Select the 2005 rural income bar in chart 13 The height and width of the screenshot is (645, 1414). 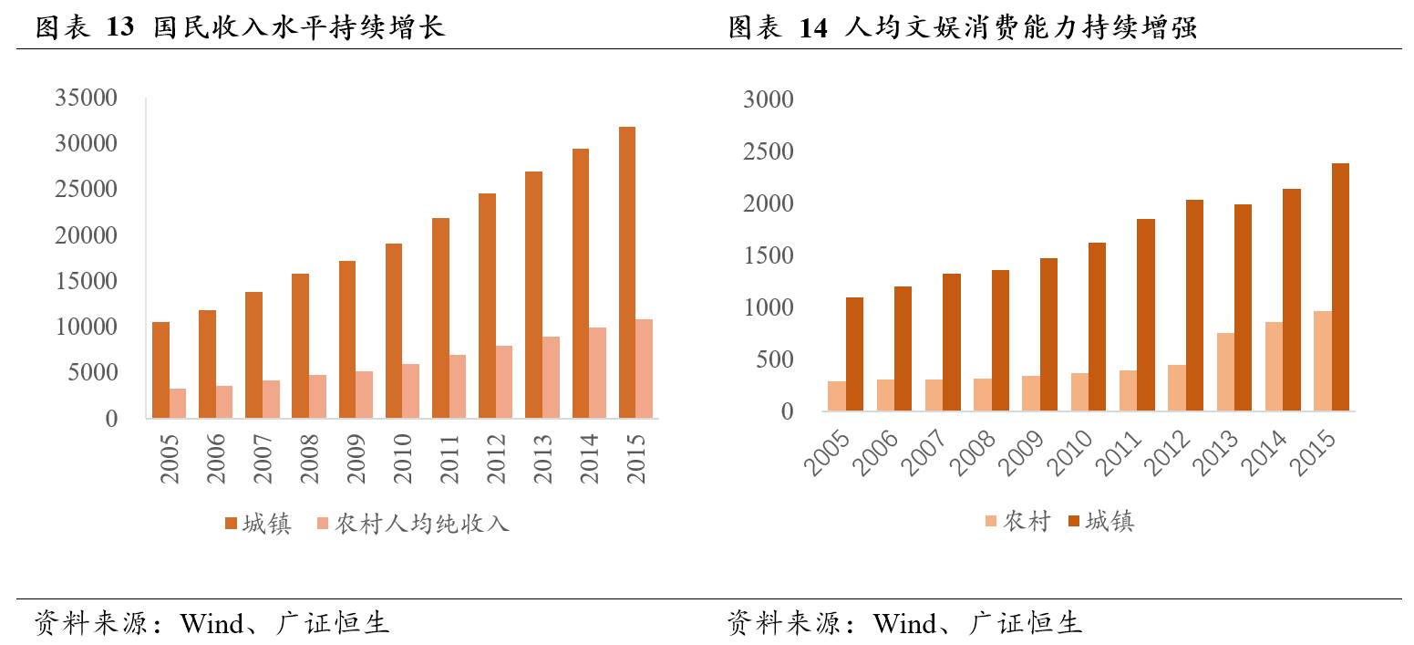pos(178,403)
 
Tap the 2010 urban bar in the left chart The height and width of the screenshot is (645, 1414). pos(394,330)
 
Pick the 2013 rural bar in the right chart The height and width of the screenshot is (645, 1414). pos(1225,372)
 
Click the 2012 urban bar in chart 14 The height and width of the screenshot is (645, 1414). pos(1194,306)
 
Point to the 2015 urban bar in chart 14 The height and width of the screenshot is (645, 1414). pos(1340,287)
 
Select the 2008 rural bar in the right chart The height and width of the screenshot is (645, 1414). pos(983,395)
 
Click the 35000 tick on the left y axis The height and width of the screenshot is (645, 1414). pos(87,99)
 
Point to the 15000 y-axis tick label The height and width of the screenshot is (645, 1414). pos(87,281)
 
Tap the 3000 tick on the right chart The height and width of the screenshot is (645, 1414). pos(769,99)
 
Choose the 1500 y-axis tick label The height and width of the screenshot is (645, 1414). pos(769,255)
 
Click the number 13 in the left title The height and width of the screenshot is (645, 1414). pos(119,28)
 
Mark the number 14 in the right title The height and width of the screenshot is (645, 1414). pos(813,28)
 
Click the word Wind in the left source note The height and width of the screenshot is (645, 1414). pos(212,624)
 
